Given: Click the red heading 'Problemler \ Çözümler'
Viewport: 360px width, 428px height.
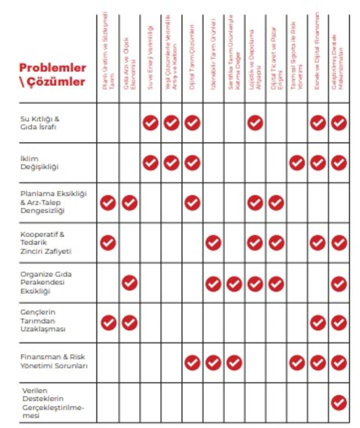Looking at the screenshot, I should [x=53, y=74].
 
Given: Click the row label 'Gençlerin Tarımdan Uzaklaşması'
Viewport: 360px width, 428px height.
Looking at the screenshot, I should [x=43, y=320].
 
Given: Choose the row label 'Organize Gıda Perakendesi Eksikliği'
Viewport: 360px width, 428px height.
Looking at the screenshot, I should [x=46, y=283].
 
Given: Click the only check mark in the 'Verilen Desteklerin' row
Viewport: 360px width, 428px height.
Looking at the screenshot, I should [x=339, y=403].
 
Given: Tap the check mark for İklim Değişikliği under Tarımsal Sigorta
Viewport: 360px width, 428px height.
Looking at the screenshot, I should [x=297, y=163].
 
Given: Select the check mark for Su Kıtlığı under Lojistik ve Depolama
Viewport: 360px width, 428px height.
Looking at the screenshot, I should [x=255, y=122].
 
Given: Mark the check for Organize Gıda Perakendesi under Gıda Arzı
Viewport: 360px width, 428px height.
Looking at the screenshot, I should [x=129, y=282].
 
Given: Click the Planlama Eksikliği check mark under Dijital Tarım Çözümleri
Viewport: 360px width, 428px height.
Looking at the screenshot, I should [x=192, y=203].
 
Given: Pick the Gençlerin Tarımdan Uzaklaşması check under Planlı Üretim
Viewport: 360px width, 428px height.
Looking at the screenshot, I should [x=108, y=322].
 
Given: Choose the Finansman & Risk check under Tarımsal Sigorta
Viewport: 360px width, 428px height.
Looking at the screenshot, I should [x=297, y=363].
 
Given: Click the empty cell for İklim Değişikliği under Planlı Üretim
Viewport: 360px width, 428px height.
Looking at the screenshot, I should [x=108, y=163].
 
